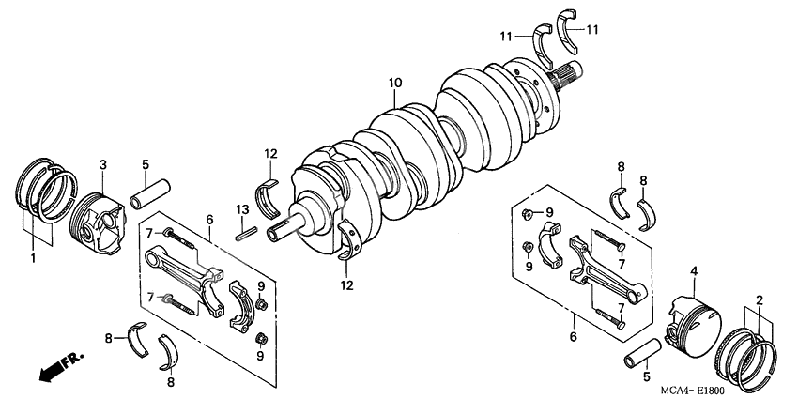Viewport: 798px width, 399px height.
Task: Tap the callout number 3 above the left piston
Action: tap(102, 164)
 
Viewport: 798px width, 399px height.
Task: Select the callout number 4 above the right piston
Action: tap(694, 272)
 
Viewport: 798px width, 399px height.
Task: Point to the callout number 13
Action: tap(240, 208)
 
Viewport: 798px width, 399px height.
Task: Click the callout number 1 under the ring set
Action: tap(34, 256)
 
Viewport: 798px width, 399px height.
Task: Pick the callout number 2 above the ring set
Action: tap(759, 299)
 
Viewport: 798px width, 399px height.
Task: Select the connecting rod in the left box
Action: tap(189, 276)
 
